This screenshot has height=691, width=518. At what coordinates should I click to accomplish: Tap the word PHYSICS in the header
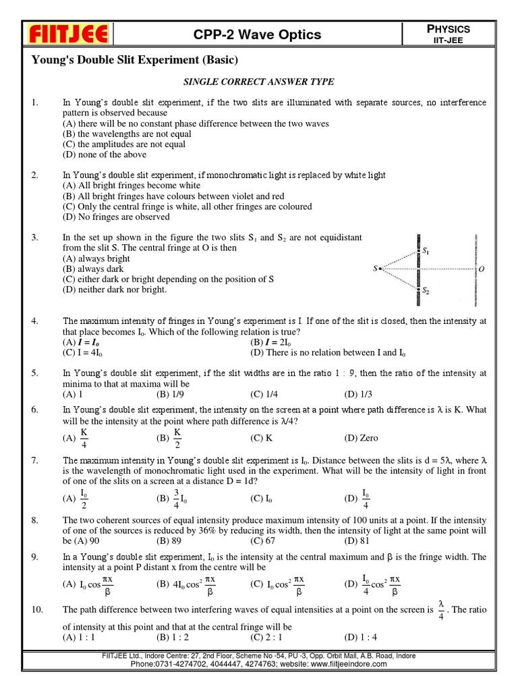pos(453,29)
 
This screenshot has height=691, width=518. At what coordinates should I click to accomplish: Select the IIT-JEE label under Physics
pos(453,41)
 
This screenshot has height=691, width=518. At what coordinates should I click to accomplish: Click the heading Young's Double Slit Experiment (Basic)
pos(135,61)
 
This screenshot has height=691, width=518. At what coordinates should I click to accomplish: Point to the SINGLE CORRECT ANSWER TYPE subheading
pos(260,82)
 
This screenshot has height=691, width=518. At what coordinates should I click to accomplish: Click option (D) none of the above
pos(102,154)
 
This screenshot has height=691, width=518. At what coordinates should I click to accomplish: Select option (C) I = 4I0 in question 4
pos(86,352)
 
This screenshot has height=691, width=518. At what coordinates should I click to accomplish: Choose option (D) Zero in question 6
pos(361,438)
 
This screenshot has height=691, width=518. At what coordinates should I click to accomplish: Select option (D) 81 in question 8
pos(358,541)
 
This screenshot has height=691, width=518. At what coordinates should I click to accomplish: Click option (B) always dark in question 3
pos(95,269)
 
